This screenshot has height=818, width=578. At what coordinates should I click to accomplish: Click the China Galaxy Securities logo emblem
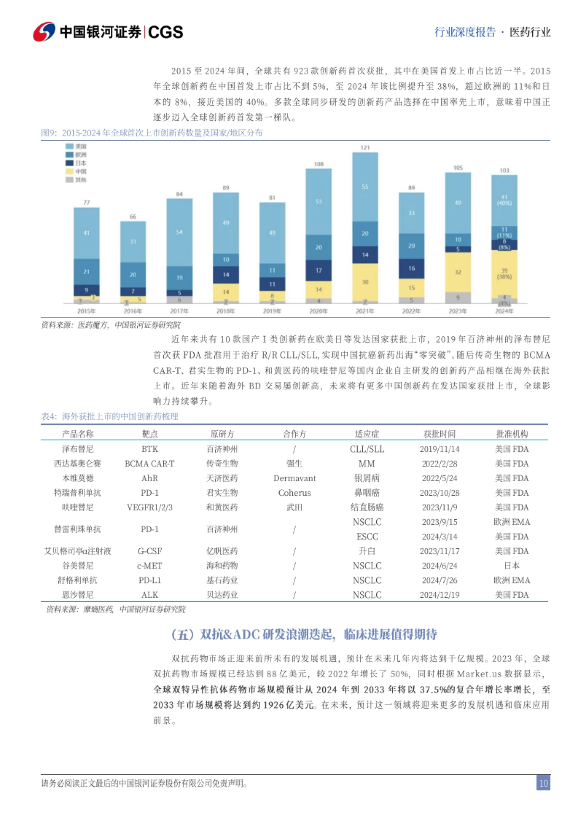click(44, 32)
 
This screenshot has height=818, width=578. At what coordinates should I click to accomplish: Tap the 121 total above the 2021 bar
click(365, 147)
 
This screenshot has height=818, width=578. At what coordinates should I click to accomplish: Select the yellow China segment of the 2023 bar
click(458, 272)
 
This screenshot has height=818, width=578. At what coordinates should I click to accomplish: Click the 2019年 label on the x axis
click(272, 311)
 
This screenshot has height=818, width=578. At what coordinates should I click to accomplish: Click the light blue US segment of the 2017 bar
click(179, 232)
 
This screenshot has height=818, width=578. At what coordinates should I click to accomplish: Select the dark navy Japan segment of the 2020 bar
click(318, 270)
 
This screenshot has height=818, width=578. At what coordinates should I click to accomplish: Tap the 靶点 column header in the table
click(150, 434)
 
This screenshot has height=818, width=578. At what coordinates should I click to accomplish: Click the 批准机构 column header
click(512, 434)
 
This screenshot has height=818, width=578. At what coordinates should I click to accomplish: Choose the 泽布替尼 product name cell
click(78, 449)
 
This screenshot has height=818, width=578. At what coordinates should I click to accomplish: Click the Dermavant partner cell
click(294, 478)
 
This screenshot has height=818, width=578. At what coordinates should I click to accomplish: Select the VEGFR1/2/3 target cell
click(150, 507)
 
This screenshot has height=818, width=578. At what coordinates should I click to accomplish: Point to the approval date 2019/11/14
click(439, 449)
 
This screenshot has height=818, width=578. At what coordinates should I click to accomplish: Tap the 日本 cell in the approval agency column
click(512, 566)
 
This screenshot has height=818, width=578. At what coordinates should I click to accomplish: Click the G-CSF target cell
click(150, 551)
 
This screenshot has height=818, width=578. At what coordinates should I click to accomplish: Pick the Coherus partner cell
click(294, 493)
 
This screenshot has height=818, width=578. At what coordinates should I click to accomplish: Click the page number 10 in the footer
click(543, 783)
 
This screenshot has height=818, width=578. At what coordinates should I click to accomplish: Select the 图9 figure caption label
click(48, 133)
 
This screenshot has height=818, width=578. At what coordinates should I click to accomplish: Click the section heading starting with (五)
click(304, 634)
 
